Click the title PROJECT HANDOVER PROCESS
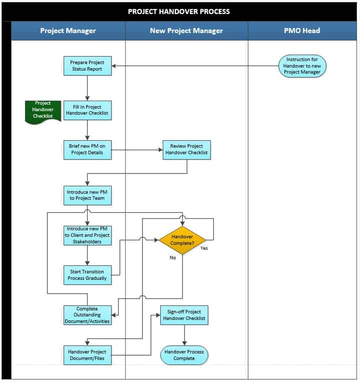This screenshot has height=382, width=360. [179, 12]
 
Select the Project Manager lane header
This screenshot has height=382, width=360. [68, 31]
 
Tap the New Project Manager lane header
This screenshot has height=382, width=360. [186, 31]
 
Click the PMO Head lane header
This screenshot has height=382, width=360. [302, 31]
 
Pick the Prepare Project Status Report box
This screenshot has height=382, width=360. [87, 66]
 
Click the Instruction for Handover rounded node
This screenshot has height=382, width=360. [302, 66]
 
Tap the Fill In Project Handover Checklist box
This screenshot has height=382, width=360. [87, 110]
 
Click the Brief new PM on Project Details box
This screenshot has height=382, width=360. [87, 150]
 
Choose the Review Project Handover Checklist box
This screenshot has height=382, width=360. [186, 150]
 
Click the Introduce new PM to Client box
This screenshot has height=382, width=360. [87, 235]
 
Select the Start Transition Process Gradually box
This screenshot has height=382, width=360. [87, 275]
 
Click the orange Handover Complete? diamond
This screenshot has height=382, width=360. [182, 240]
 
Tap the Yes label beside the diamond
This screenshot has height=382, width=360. [204, 248]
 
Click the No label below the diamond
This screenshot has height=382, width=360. [173, 258]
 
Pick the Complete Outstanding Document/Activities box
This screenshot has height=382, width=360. [87, 315]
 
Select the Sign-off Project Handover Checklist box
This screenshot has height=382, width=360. [184, 315]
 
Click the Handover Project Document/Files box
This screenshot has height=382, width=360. [87, 355]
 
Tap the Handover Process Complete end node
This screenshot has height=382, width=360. [184, 355]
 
